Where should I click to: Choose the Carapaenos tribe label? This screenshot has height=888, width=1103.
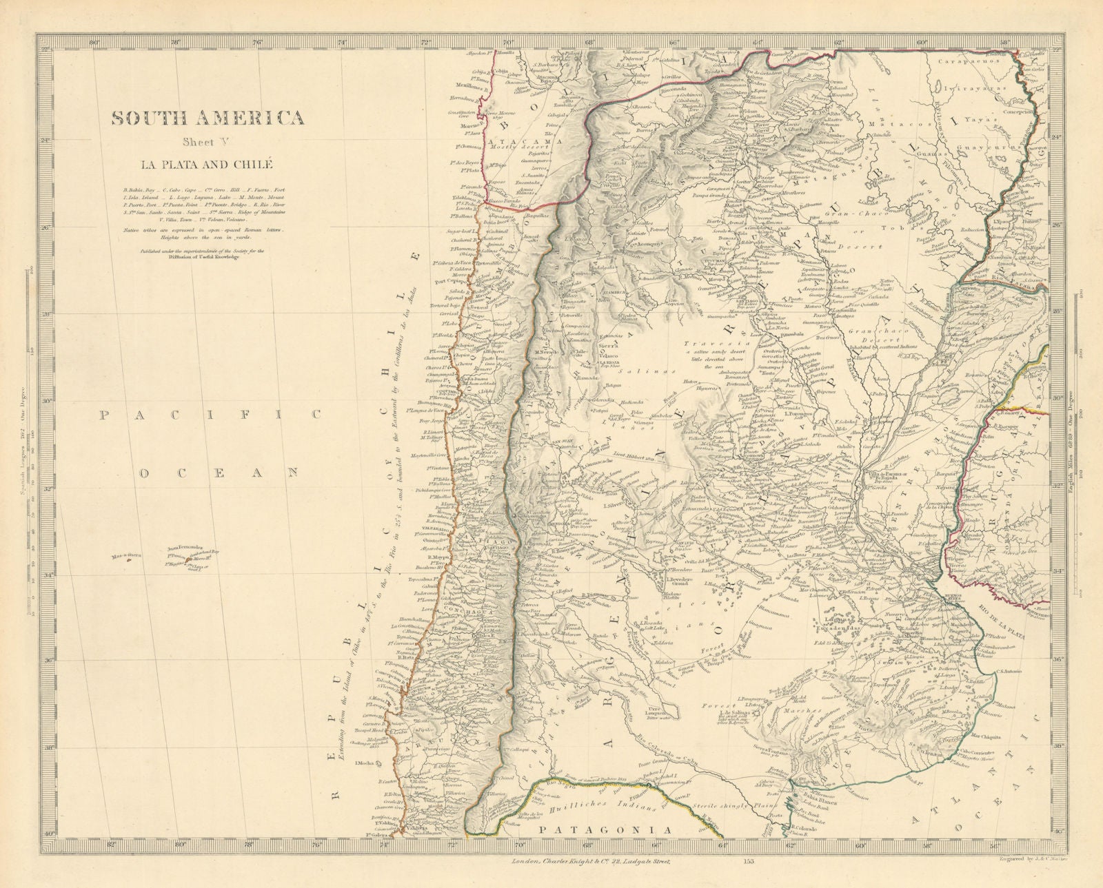[960, 60]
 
